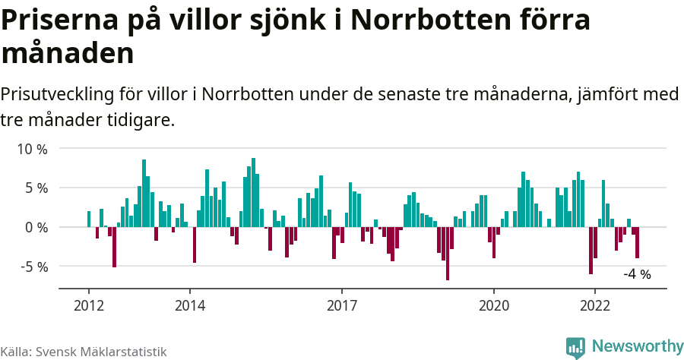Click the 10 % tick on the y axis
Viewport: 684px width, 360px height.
click(33, 149)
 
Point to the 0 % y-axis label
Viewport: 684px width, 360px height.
click(36, 227)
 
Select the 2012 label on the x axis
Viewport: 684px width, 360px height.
click(89, 305)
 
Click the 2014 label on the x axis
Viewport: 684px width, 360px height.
click(190, 305)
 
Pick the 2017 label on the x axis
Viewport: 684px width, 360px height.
click(342, 305)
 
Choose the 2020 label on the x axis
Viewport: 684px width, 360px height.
click(494, 305)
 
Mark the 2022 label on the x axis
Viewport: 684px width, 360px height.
click(595, 305)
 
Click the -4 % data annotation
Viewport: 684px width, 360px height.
click(637, 274)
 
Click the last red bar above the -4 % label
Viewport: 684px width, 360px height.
click(638, 242)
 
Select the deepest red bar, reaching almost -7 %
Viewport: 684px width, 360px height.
click(448, 254)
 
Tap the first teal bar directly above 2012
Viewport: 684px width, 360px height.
click(89, 219)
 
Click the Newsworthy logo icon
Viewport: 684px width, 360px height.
click(575, 347)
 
